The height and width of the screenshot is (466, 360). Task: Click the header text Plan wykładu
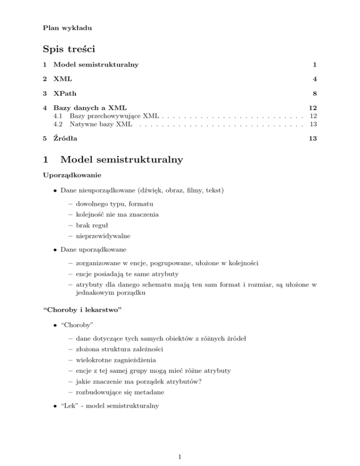[67, 28]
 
